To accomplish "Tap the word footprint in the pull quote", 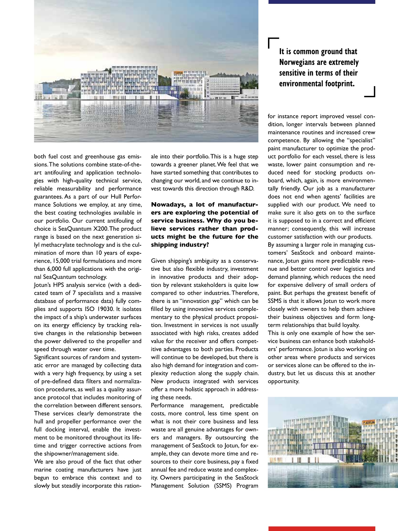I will pyautogui.click(x=339, y=84).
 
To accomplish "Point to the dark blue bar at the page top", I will pyautogui.click(x=321, y=2).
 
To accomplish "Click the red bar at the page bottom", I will pyautogui.click(x=321, y=529).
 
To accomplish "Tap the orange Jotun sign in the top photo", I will pyautogui.click(x=178, y=72).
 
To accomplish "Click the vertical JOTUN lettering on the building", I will pyautogui.click(x=208, y=88).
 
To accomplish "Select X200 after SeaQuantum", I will pyautogui.click(x=101, y=229).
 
